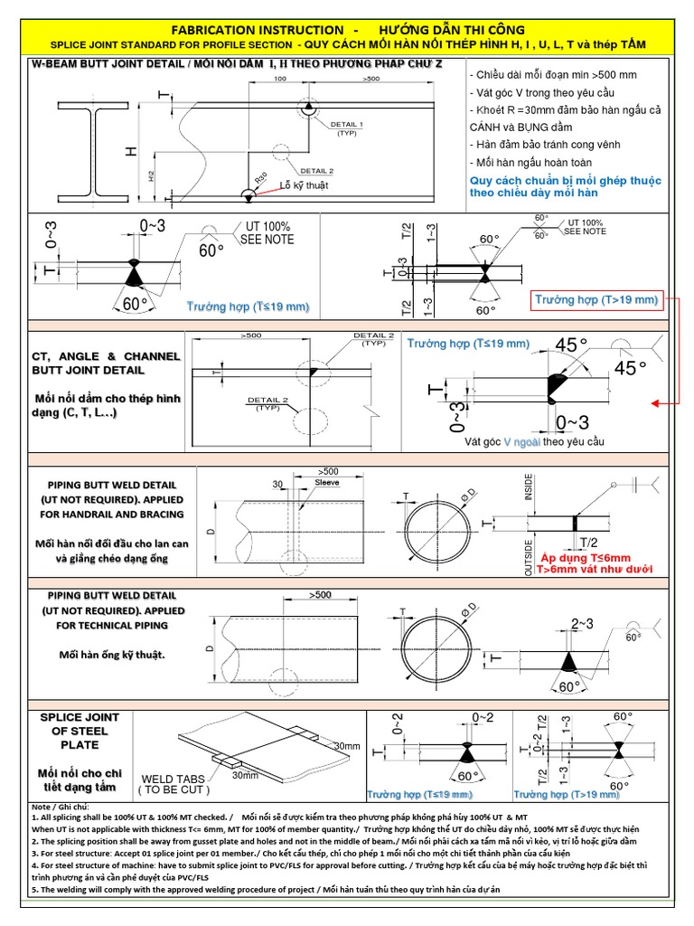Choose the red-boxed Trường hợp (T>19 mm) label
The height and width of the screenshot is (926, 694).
596,299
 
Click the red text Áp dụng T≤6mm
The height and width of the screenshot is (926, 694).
585,558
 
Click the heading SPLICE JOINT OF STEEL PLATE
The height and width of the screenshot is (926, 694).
80,731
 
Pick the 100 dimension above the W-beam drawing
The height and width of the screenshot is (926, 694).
279,80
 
